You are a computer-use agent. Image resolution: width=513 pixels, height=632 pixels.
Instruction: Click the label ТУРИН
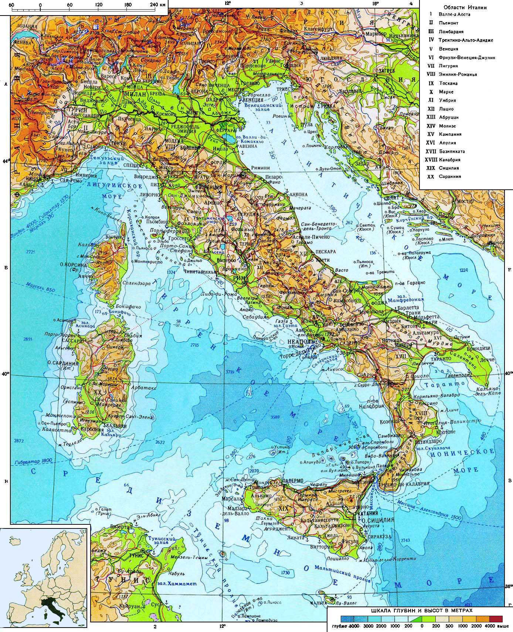point(77,110)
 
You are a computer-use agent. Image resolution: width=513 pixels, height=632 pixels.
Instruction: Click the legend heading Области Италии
point(465,7)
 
